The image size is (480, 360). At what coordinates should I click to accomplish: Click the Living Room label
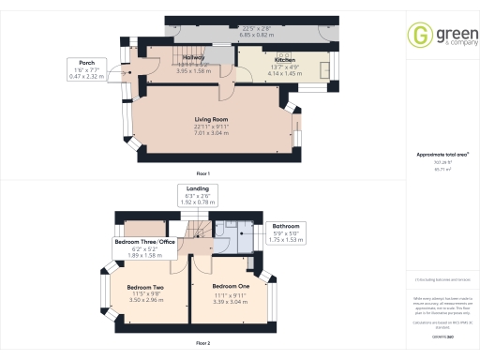tap(214, 120)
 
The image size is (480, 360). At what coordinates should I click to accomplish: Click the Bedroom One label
tap(230, 285)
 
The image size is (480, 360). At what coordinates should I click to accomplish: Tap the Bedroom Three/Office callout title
tap(145, 242)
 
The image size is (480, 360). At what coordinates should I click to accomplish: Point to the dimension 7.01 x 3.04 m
tap(214, 133)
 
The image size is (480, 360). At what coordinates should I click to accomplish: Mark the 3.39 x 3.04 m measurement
tap(230, 300)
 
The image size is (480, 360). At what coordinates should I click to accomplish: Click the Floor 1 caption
tap(202, 174)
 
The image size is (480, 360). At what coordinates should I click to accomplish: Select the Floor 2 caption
tap(202, 343)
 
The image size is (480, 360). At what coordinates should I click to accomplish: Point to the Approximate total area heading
tap(442, 154)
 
